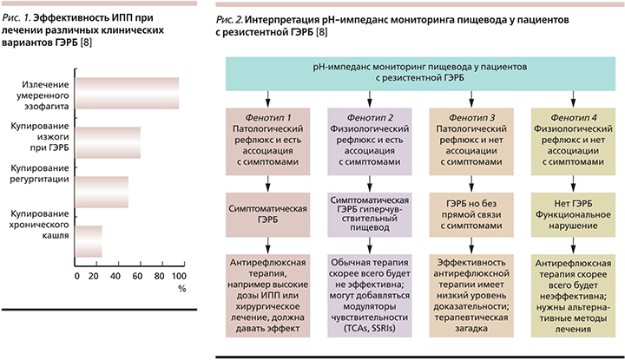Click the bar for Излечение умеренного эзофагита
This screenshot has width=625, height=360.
(127, 93)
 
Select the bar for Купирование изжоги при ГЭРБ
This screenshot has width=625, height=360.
(108, 142)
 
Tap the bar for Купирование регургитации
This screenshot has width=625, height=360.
(102, 192)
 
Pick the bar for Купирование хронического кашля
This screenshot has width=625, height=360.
(89, 241)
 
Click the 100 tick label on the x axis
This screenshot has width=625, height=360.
(179, 276)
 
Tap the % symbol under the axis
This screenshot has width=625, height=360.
(182, 289)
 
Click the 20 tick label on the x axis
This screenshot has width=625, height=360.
(93, 276)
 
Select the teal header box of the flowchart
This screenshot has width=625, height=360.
(420, 74)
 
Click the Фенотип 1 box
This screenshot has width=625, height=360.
(268, 141)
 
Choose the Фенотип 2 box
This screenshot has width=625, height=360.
(370, 141)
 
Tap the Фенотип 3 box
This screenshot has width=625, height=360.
(471, 141)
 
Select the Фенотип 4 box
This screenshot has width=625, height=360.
(573, 141)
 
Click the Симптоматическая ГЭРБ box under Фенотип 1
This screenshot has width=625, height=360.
(268, 215)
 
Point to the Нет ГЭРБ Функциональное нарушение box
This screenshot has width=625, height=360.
(573, 215)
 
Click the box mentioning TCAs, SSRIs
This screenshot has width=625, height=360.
(370, 296)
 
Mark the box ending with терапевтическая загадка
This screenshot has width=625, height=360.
(471, 296)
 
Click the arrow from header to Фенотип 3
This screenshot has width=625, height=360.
(471, 99)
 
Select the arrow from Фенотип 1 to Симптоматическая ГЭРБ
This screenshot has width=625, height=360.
(268, 184)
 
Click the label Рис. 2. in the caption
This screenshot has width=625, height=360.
(229, 19)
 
